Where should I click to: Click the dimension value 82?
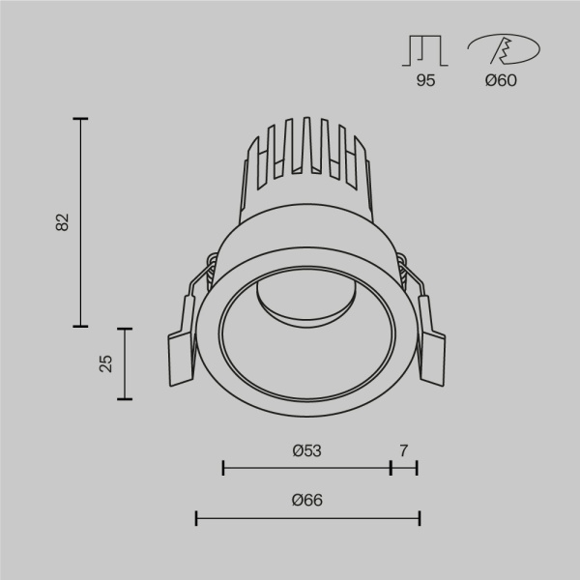point(63,221)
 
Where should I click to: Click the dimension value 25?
point(106,362)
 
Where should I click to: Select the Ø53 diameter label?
point(306,450)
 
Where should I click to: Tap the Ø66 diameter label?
point(306,500)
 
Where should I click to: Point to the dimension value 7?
point(404,450)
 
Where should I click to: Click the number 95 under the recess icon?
point(425,80)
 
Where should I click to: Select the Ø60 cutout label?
point(501,80)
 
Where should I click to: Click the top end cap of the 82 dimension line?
point(80,119)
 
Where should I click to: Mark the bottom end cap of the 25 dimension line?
point(124,398)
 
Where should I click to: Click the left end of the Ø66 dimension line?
point(197,519)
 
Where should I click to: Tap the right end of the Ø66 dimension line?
point(419,519)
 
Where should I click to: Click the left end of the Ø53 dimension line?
point(223,469)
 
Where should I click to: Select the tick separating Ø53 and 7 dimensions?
point(391,469)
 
